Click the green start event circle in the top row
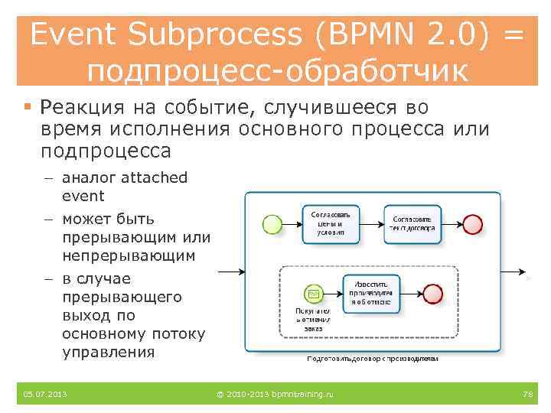coord(272,223)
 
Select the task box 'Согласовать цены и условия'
coord(330,223)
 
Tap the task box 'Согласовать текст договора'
coord(412,223)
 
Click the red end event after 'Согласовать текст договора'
coord(473,223)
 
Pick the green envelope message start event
coord(311,294)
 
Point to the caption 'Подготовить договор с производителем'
coord(373,357)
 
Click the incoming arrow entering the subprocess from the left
coord(230,272)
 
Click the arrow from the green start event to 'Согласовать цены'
coord(292,223)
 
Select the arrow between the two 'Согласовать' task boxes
coord(371,223)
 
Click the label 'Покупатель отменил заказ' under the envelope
coord(312,320)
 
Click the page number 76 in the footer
coord(527,394)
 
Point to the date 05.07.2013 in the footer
coord(45,394)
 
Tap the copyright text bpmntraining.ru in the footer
coord(275,394)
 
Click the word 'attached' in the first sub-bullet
coord(152,177)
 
